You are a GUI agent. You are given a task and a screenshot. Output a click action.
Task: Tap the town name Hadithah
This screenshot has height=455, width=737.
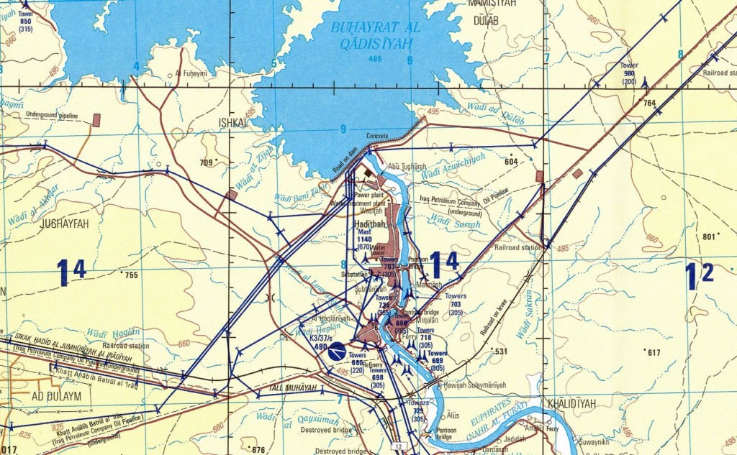[371, 225]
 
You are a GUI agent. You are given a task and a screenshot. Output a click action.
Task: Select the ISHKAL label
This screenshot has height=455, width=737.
[232, 123]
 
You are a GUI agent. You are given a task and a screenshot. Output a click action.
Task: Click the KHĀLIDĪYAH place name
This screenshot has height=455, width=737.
[571, 403]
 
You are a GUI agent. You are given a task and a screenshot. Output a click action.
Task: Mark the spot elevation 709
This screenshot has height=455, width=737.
[207, 162]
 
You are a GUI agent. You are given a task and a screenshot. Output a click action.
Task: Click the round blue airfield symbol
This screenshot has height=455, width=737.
[337, 352]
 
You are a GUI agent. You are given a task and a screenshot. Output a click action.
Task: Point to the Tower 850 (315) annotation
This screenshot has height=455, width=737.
[25, 21]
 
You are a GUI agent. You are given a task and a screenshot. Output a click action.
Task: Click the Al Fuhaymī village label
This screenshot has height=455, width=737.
[191, 74]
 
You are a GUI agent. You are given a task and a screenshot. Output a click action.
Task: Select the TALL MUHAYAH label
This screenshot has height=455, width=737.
[293, 388]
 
